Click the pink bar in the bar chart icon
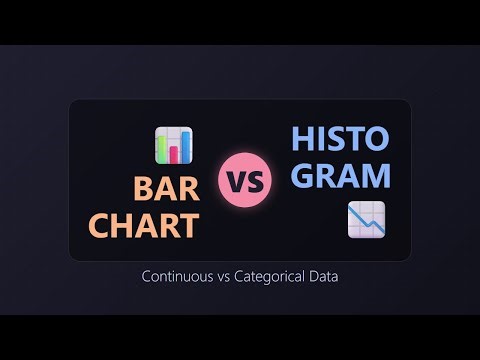174,151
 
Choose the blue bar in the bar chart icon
185,148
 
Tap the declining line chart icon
366,220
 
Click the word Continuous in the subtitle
177,276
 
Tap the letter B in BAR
144,188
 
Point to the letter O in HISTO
378,140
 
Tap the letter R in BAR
187,188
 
